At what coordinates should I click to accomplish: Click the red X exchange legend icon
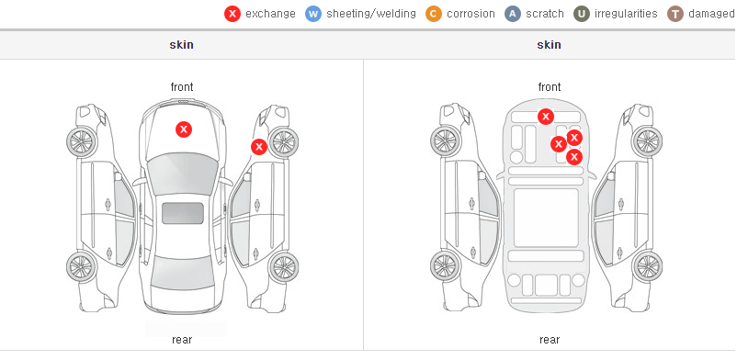pyautogui.click(x=232, y=14)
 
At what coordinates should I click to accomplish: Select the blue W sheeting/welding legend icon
pyautogui.click(x=313, y=14)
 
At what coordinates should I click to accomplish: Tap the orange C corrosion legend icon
pyautogui.click(x=434, y=14)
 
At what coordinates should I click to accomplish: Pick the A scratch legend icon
pyautogui.click(x=513, y=14)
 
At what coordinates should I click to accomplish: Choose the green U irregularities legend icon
pyautogui.click(x=582, y=14)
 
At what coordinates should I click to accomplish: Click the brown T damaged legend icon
pyautogui.click(x=675, y=14)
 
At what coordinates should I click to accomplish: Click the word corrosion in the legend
pyautogui.click(x=471, y=14)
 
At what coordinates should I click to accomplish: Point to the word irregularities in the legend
pyautogui.click(x=626, y=14)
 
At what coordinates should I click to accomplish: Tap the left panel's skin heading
pyautogui.click(x=181, y=45)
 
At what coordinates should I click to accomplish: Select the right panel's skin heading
pyautogui.click(x=549, y=45)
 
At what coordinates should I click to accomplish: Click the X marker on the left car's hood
pyautogui.click(x=184, y=129)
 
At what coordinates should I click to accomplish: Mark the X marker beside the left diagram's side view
pyautogui.click(x=258, y=147)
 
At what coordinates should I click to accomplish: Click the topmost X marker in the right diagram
pyautogui.click(x=545, y=116)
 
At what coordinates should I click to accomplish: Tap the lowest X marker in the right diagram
pyautogui.click(x=574, y=157)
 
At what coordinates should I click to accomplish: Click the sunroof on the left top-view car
pyautogui.click(x=183, y=213)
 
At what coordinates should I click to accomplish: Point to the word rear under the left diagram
pyautogui.click(x=182, y=340)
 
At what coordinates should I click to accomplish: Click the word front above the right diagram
pyautogui.click(x=550, y=87)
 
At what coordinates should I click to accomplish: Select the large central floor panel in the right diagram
pyautogui.click(x=546, y=218)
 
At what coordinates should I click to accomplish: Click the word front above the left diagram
pyautogui.click(x=182, y=87)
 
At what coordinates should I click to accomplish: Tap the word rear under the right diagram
pyautogui.click(x=550, y=340)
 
